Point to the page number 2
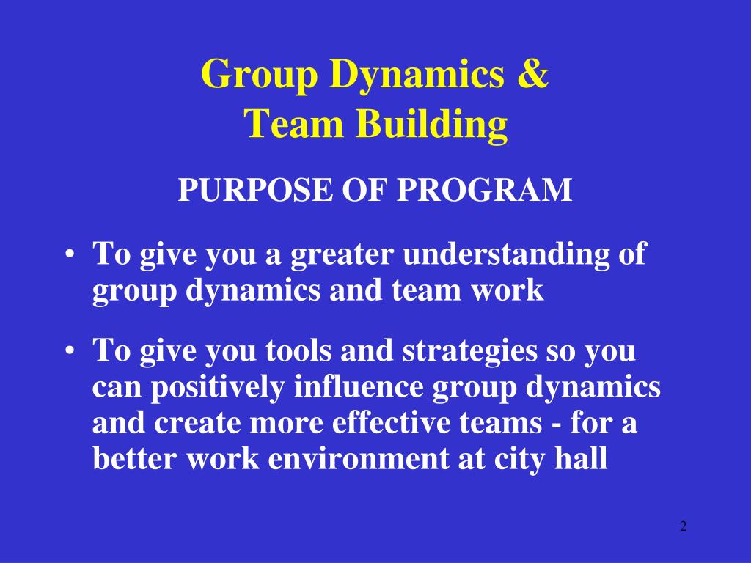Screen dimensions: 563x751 (x=683, y=526)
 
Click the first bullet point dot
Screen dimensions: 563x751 (x=69, y=256)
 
